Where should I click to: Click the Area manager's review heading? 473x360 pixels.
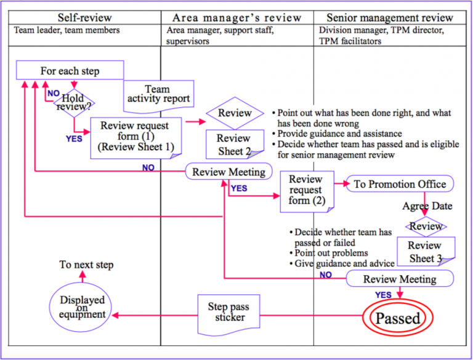(x=238, y=17)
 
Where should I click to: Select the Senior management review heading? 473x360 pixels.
(x=389, y=17)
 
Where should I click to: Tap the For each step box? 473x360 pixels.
(x=70, y=71)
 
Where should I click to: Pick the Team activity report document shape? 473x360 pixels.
(x=158, y=95)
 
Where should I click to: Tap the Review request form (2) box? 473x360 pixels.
(x=306, y=190)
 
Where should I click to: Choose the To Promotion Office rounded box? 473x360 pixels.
(x=400, y=184)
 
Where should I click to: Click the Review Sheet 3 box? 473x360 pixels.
(x=425, y=250)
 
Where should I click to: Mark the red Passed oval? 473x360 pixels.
(x=398, y=318)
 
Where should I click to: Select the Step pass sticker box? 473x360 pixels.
(x=228, y=312)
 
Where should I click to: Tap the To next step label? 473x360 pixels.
(x=86, y=265)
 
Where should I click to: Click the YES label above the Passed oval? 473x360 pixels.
(x=383, y=295)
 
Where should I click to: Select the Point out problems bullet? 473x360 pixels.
(x=331, y=253)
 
